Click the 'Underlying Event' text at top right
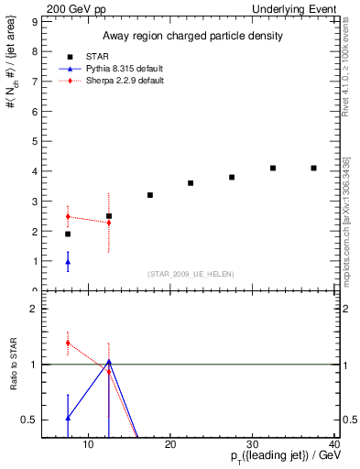(297, 8)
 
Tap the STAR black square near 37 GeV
(314, 169)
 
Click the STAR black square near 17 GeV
(150, 195)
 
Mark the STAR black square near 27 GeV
(232, 177)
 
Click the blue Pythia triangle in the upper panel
(68, 262)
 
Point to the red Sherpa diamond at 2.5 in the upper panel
(68, 216)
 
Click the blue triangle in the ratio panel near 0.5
(68, 418)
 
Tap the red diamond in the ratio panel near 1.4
(68, 343)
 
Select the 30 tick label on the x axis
(253, 445)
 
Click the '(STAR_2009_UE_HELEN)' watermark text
(189, 275)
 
